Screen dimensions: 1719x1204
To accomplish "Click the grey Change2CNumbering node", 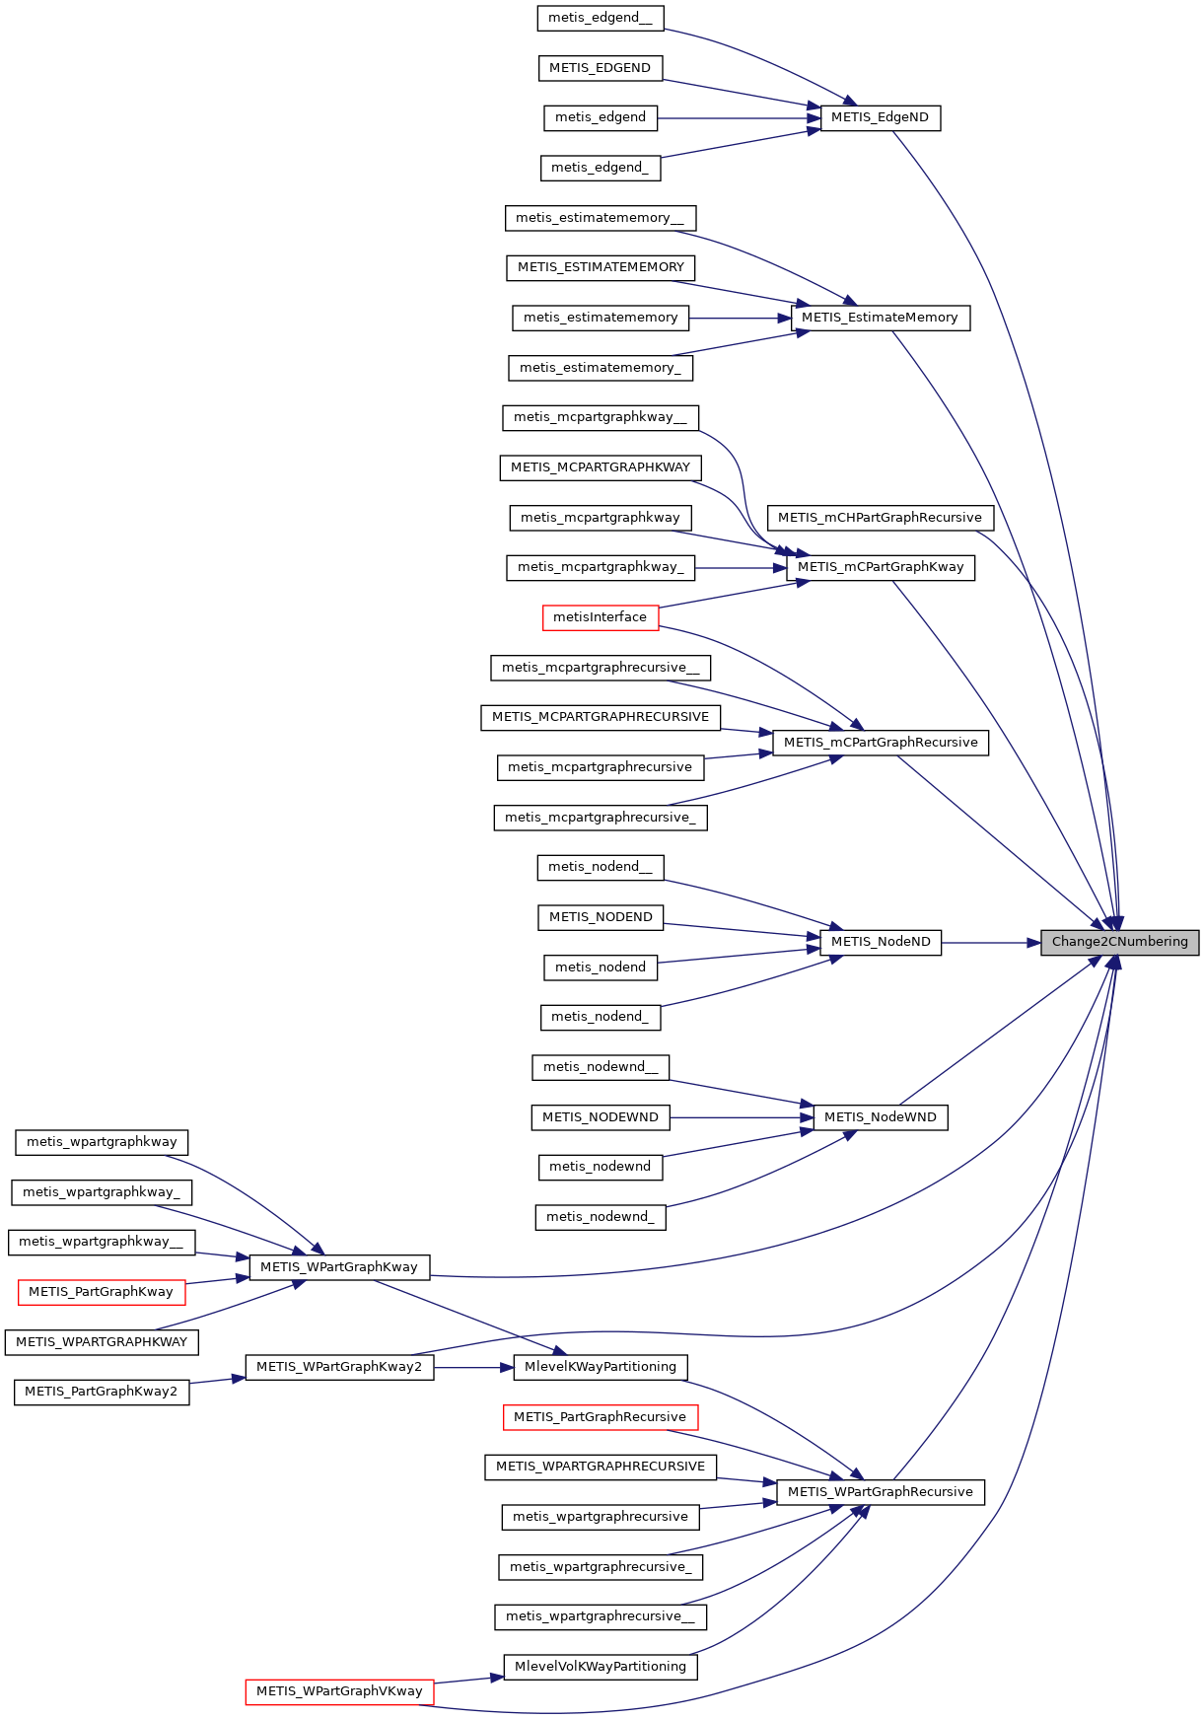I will click(1119, 942).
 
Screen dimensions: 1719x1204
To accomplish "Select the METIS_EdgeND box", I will click(880, 117).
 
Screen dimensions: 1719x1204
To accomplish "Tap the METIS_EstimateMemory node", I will click(880, 318).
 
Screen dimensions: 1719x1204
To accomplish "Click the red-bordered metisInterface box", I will click(600, 617).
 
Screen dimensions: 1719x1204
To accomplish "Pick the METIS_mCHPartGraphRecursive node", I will click(880, 518).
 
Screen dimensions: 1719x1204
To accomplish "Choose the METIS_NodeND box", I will click(880, 942).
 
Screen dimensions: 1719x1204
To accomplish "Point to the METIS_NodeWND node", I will click(880, 1117).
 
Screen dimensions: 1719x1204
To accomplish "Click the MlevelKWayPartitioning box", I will click(600, 1367).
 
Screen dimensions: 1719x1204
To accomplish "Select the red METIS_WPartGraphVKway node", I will click(339, 1691).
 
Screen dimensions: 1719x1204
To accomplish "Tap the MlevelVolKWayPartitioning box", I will click(600, 1667).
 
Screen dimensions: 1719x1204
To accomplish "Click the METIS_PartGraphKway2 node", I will click(101, 1392).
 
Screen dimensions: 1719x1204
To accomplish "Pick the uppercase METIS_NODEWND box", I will click(600, 1117).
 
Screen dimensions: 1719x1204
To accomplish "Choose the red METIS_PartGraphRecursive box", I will click(600, 1417).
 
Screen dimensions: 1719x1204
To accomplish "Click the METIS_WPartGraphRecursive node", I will click(880, 1492).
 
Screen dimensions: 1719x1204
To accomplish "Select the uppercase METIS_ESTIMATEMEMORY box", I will click(600, 267).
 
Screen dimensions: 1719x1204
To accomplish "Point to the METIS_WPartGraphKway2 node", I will click(339, 1367).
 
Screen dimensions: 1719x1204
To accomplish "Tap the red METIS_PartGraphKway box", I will click(101, 1292).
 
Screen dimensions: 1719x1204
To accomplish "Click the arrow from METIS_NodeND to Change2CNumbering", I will click(991, 943).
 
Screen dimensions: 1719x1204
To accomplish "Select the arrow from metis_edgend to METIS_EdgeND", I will click(740, 118).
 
